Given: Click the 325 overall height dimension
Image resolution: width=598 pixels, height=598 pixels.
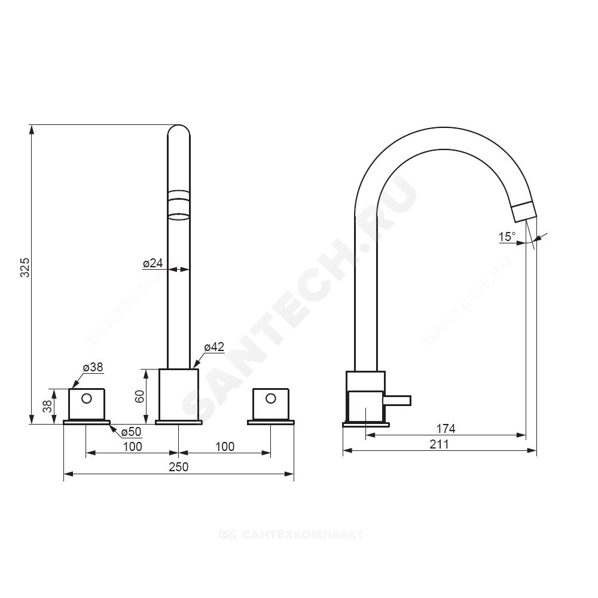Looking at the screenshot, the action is click(25, 267).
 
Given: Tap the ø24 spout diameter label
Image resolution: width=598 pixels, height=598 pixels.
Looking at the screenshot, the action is click(153, 263).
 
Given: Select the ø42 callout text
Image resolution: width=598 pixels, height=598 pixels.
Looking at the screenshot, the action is click(214, 347).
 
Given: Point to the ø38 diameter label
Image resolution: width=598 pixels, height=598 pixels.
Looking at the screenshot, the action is click(93, 367).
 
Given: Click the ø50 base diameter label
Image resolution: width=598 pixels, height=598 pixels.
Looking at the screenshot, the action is click(131, 432).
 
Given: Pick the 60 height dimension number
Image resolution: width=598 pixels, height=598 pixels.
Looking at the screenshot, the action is click(139, 396).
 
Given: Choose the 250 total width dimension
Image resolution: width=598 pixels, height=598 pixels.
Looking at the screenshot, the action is click(178, 467).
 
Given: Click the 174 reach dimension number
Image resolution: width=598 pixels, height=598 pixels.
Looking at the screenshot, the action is click(446, 429).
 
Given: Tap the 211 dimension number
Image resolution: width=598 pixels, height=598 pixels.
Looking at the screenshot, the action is click(440, 444).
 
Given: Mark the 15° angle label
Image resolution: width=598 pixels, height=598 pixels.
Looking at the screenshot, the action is click(507, 236).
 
